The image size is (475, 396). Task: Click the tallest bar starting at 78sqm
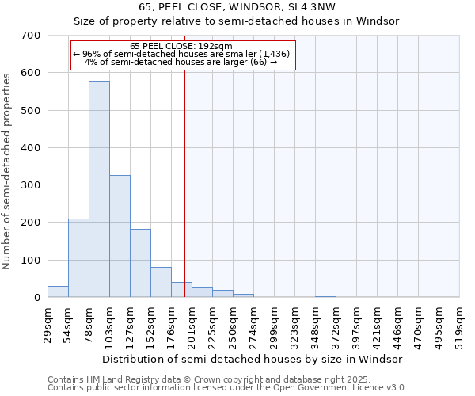pos(99,190)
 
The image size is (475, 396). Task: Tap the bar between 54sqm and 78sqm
pos(78,258)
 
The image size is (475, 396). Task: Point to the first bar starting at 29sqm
pos(58,291)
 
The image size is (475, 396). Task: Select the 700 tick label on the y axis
pos(32,36)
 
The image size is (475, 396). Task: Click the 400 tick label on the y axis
pos(32,148)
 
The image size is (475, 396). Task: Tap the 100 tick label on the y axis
pos(32,261)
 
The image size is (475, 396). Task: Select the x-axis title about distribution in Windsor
pos(253,359)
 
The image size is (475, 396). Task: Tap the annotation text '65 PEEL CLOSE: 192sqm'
pos(181,47)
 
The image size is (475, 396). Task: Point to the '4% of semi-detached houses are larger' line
pos(180,63)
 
